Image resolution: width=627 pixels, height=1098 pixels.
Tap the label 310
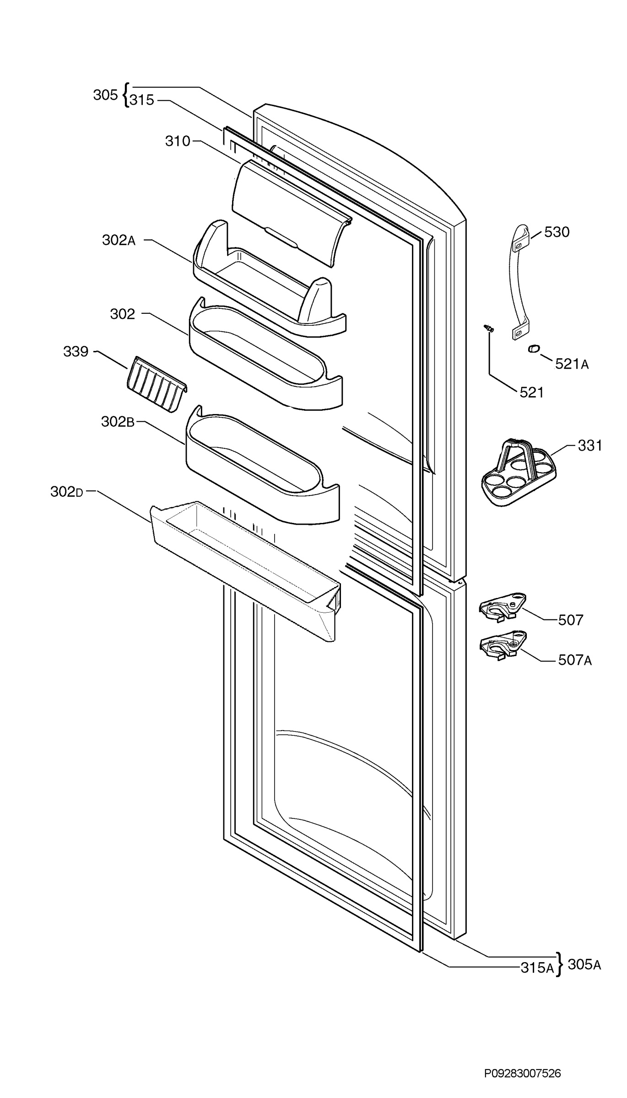tap(178, 141)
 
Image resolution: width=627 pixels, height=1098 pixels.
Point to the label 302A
tap(119, 240)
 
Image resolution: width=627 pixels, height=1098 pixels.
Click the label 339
tap(76, 351)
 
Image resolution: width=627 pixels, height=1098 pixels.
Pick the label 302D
tap(67, 492)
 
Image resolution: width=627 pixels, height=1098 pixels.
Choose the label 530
tap(557, 232)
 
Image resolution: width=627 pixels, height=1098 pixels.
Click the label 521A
tap(572, 364)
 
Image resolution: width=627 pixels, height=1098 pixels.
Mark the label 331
tap(590, 445)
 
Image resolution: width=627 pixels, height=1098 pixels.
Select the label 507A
tap(575, 660)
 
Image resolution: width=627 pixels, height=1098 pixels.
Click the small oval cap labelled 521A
tap(534, 349)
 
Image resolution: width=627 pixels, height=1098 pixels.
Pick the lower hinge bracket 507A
tap(503, 646)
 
